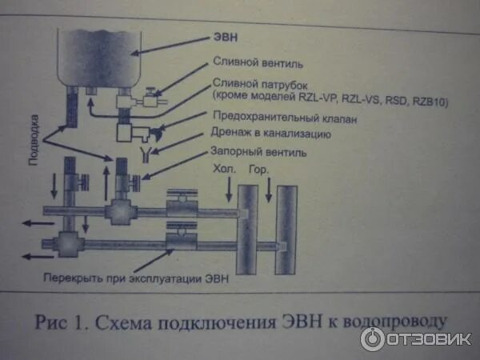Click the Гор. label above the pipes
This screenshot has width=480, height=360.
257,170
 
